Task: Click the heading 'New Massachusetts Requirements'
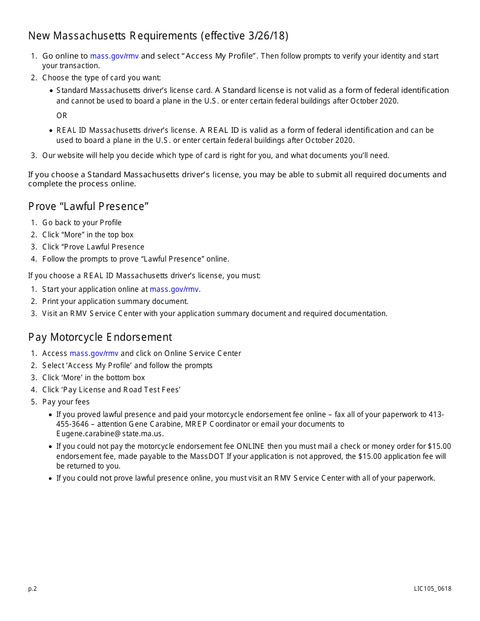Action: [x=113, y=36]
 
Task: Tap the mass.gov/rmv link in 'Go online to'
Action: [x=114, y=56]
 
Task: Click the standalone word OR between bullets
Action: [x=62, y=116]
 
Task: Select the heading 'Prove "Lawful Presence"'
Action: [x=88, y=206]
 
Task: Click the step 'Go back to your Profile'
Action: [x=82, y=223]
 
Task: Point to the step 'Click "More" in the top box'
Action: [x=88, y=235]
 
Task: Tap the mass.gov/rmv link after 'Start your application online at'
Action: [x=174, y=289]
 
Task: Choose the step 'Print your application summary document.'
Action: [x=115, y=301]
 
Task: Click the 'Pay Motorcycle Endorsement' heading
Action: [x=100, y=337]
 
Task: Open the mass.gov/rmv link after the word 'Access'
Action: [x=94, y=353]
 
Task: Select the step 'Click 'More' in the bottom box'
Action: [x=93, y=378]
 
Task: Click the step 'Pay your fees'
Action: [x=66, y=402]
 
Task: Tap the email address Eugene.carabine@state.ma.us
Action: [x=110, y=434]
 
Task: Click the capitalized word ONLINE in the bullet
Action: [x=251, y=446]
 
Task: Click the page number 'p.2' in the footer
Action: [x=32, y=589]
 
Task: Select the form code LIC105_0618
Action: [x=433, y=589]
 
